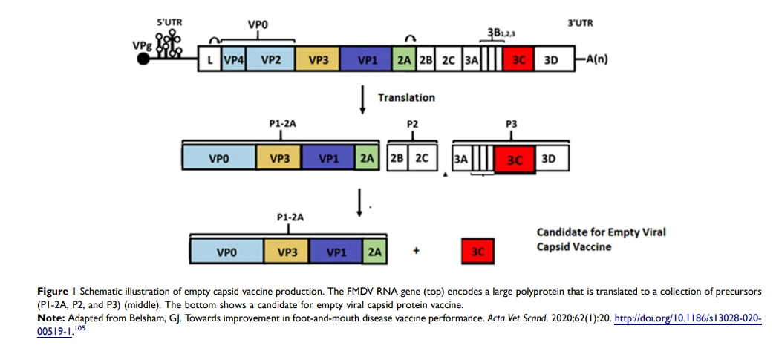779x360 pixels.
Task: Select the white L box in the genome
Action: tap(209, 60)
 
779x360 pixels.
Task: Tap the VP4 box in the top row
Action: tap(233, 60)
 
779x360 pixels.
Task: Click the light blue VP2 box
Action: tap(270, 60)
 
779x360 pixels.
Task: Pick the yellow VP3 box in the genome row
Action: tap(317, 60)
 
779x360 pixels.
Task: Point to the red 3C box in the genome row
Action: tap(518, 60)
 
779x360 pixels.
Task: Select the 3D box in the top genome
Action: tap(554, 60)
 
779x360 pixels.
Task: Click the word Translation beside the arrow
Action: tap(406, 97)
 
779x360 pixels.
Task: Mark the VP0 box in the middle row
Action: tap(219, 160)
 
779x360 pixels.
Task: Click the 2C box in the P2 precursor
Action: tap(423, 159)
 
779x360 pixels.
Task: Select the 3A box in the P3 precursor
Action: tap(460, 160)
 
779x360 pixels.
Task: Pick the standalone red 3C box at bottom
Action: tap(478, 252)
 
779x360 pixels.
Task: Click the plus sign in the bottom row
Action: tap(417, 251)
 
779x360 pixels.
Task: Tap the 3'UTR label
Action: tap(581, 23)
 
